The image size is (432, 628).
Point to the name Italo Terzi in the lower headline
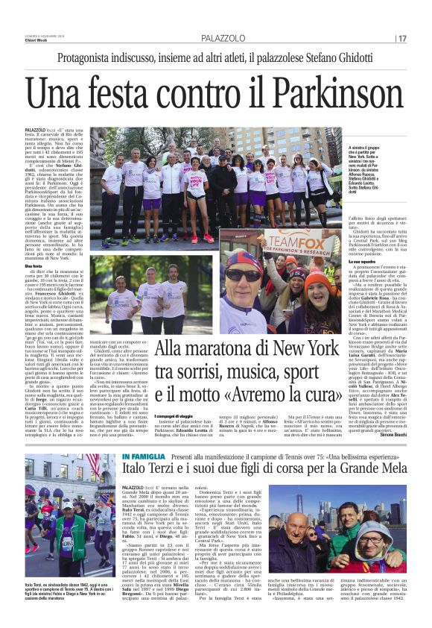click(153, 470)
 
